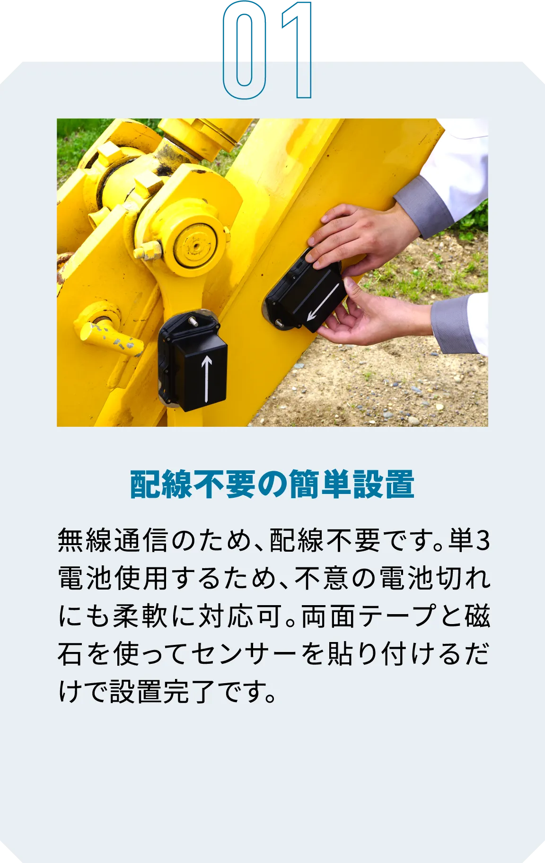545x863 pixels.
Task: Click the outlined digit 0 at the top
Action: (243, 51)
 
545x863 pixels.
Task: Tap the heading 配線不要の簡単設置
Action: (272, 484)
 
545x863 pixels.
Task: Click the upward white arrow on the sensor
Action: (206, 379)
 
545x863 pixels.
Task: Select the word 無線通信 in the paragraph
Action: (113, 541)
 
